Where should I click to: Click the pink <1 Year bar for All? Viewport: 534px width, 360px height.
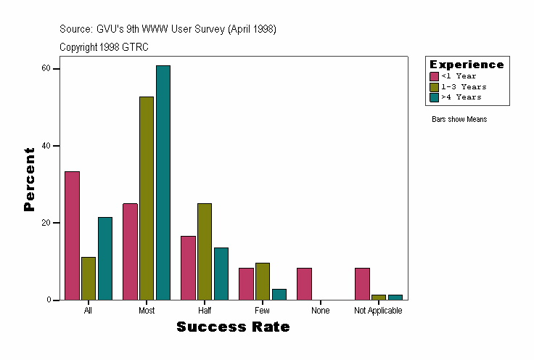72,235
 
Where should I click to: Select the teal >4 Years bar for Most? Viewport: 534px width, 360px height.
163,182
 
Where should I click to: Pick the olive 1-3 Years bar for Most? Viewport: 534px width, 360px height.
147,198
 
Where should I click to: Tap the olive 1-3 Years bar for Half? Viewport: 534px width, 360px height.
205,251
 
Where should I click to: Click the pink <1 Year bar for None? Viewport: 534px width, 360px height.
304,284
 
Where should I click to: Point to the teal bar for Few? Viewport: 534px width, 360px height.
279,294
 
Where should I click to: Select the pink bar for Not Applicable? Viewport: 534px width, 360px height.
362,284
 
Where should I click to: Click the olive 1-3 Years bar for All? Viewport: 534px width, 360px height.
89,278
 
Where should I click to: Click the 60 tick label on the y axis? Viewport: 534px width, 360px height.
46,68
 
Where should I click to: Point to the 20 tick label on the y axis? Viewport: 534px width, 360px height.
46,223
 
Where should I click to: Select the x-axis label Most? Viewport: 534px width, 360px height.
147,311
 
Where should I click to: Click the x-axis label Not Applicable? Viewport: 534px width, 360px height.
378,311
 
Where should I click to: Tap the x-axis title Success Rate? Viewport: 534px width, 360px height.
233,327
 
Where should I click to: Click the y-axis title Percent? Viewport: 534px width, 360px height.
29,179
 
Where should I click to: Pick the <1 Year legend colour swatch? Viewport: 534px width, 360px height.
434,76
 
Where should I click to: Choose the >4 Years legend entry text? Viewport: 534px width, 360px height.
461,97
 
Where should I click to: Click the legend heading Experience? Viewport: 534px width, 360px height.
467,65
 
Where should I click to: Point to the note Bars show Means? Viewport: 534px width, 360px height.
459,119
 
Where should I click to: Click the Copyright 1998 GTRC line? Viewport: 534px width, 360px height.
104,47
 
